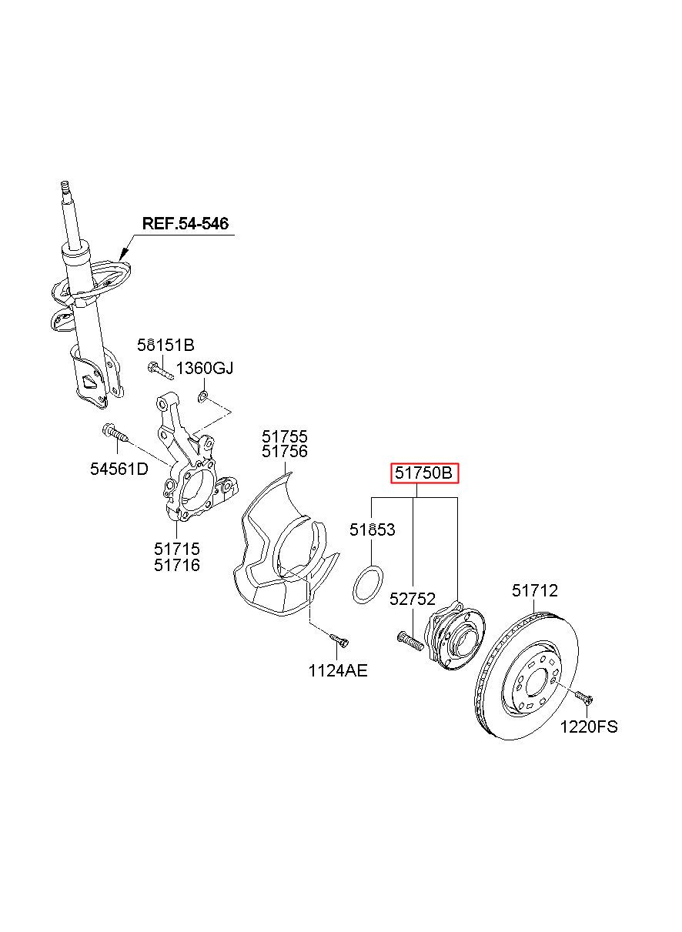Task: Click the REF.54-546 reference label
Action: click(185, 223)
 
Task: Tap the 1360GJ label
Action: click(205, 369)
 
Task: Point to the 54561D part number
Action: click(119, 468)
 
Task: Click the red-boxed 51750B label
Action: click(424, 473)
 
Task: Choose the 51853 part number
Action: click(372, 529)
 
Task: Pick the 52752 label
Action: click(412, 599)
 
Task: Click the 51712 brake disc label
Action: click(535, 590)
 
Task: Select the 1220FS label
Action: click(588, 726)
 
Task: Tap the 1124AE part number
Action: click(338, 670)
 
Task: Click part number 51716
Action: click(176, 565)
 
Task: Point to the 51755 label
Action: click(285, 437)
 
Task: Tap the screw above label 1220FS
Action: click(583, 697)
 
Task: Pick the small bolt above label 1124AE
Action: click(339, 639)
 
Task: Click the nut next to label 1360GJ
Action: click(202, 396)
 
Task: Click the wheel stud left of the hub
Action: click(410, 640)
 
